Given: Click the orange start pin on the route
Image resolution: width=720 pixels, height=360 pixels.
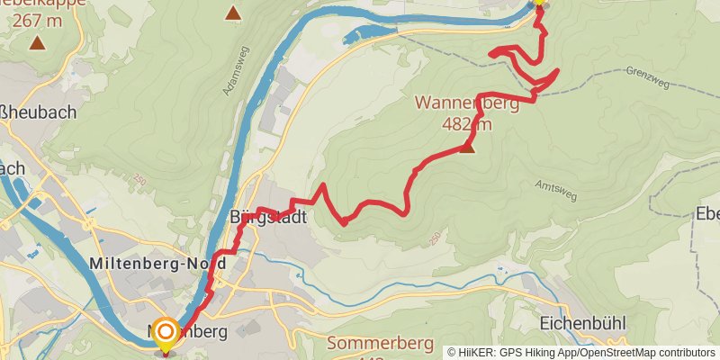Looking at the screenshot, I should coord(166,334).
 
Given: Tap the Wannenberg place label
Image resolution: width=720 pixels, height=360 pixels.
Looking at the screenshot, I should coord(466,103).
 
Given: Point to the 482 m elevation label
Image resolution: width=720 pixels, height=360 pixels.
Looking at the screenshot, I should coord(467,123).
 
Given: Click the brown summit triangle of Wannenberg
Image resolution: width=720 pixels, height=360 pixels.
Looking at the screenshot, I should coord(467,148).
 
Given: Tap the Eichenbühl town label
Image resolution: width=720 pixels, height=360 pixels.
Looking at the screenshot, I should coord(582,323).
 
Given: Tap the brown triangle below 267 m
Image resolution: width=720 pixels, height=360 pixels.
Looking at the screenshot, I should coord(37,42).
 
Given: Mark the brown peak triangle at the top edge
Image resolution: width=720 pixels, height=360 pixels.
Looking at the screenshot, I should coord(233,13).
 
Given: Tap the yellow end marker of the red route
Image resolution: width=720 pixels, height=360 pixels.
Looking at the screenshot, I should coord(538,3).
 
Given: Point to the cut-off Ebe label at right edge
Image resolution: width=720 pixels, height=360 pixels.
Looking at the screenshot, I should coord(706,213).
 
